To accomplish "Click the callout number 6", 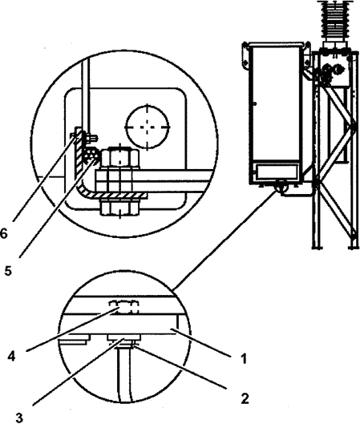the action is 4,233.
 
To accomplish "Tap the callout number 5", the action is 8,271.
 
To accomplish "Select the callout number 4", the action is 11,357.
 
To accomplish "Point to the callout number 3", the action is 19,418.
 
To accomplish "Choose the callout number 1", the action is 244,359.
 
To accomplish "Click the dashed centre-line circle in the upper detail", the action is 148,127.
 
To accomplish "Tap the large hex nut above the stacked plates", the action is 120,158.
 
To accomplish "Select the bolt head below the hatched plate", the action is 119,208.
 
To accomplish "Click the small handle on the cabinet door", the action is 254,103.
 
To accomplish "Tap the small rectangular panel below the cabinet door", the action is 277,172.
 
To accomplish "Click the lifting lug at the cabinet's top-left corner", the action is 245,56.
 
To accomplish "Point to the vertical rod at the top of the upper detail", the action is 86,95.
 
